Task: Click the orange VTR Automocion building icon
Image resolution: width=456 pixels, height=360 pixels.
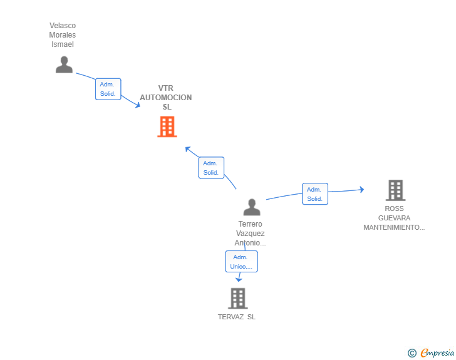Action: pyautogui.click(x=167, y=126)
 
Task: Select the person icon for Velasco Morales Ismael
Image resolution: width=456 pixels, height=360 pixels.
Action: pyautogui.click(x=64, y=64)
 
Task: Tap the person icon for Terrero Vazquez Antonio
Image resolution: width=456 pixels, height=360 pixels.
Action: pyautogui.click(x=252, y=207)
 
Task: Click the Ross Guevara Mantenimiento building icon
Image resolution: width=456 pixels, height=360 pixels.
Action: pyautogui.click(x=395, y=190)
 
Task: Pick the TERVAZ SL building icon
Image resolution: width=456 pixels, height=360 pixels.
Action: pyautogui.click(x=238, y=299)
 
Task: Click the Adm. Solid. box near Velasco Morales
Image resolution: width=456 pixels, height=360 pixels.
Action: pyautogui.click(x=108, y=89)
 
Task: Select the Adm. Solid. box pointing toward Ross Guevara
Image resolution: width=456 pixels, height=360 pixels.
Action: pyautogui.click(x=315, y=194)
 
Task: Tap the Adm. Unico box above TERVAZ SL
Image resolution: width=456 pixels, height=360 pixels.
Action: pyautogui.click(x=241, y=262)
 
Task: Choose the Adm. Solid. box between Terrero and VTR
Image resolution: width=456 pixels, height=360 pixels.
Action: pyautogui.click(x=211, y=168)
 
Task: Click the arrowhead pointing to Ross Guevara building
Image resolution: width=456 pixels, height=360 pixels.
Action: pyautogui.click(x=361, y=190)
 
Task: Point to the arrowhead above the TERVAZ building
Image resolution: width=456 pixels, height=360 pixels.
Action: pyautogui.click(x=239, y=279)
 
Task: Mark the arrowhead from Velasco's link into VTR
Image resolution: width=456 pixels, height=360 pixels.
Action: pyautogui.click(x=138, y=105)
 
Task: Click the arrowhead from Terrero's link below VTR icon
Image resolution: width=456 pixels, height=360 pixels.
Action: pyautogui.click(x=188, y=149)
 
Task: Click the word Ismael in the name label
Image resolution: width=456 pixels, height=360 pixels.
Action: pyautogui.click(x=63, y=44)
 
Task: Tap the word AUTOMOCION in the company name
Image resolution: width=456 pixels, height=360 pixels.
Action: pyautogui.click(x=166, y=98)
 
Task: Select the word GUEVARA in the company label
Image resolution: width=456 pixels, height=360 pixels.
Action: pyautogui.click(x=394, y=218)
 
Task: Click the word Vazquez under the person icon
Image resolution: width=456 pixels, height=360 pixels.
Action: pyautogui.click(x=250, y=234)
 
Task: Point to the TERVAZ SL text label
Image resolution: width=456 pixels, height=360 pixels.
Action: pyautogui.click(x=237, y=317)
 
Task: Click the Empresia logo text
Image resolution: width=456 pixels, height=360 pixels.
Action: pyautogui.click(x=437, y=352)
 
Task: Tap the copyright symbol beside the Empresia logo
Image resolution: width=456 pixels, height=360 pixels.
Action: pyautogui.click(x=412, y=353)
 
